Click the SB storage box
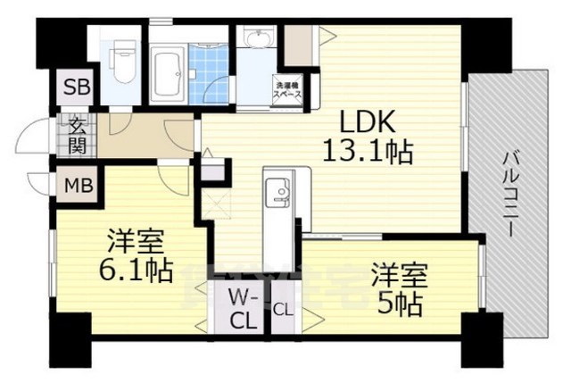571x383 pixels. (75, 87)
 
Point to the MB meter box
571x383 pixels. (75, 186)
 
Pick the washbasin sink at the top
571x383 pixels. (259, 39)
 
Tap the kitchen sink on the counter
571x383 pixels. (276, 190)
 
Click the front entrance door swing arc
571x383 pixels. (33, 137)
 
